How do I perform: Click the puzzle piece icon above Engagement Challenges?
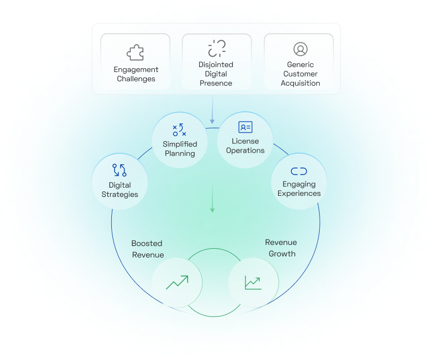(135, 52)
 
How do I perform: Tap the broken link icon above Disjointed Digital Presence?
(217, 48)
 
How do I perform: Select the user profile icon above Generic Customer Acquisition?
(300, 49)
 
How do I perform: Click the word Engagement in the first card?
(136, 70)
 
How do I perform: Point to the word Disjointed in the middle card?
(216, 64)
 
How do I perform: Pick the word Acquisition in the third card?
(301, 83)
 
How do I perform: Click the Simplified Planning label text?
(180, 149)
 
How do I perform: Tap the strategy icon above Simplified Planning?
(179, 130)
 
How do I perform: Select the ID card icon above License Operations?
(245, 128)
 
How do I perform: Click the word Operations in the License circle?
(245, 151)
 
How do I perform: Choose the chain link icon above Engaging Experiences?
(299, 171)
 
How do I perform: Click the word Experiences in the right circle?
(299, 193)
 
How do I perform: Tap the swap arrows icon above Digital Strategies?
(119, 170)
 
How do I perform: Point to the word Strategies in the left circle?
(120, 194)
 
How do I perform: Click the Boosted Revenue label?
(147, 249)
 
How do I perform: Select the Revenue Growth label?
(281, 248)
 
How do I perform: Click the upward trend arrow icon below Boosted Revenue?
(177, 282)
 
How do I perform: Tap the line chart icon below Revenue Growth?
(253, 283)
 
